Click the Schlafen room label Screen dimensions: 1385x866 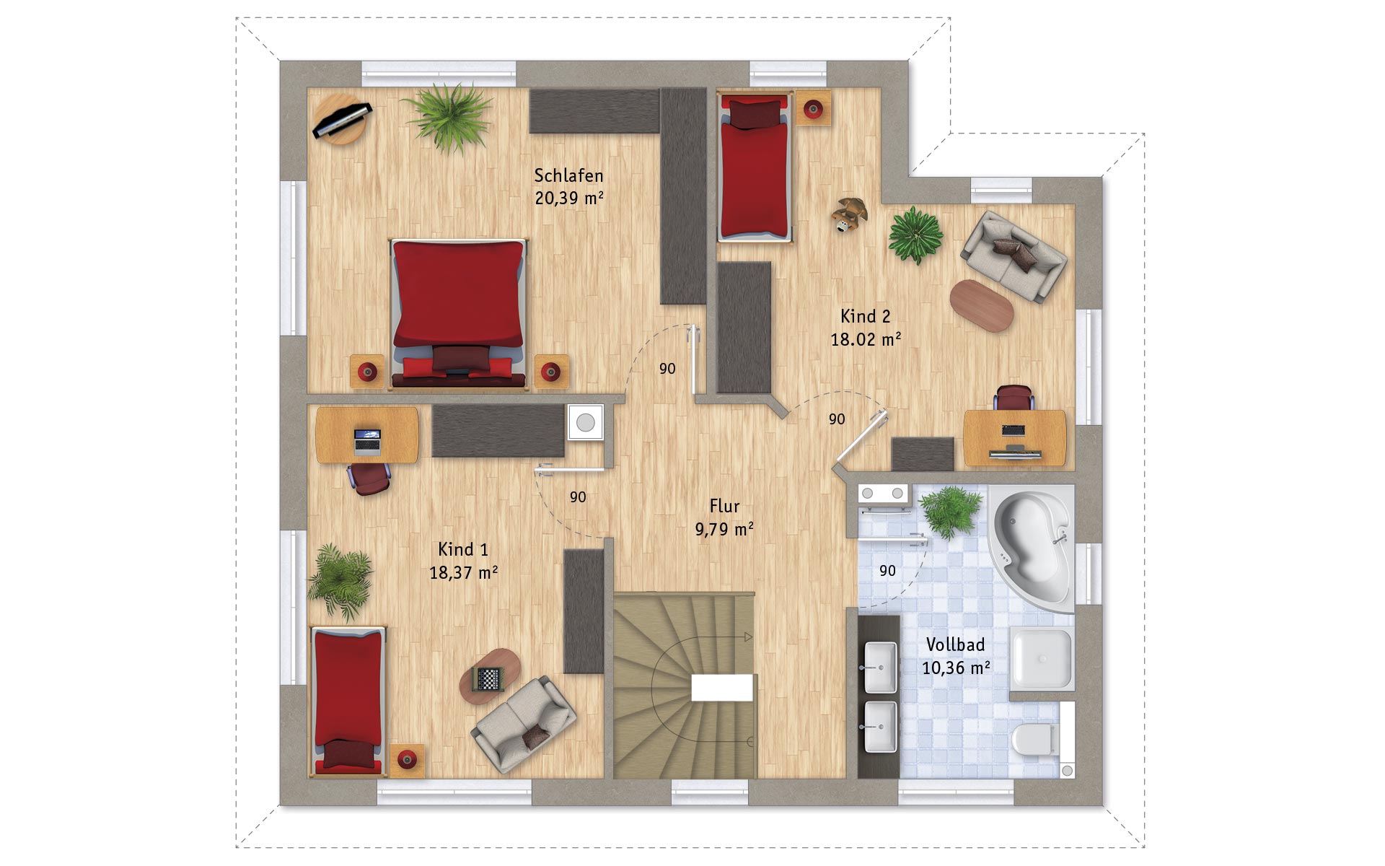[x=568, y=175]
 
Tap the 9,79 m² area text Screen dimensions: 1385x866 [x=724, y=529]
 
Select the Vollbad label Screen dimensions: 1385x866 [x=955, y=644]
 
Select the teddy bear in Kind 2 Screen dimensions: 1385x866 [x=848, y=214]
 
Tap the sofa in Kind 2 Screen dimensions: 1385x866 [x=1014, y=256]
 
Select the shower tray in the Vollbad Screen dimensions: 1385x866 [x=1041, y=658]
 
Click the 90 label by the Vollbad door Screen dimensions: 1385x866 [x=887, y=571]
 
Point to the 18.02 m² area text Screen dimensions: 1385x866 [x=866, y=339]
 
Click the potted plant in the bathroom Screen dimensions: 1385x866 [x=951, y=512]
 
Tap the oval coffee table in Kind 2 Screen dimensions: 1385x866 [x=982, y=305]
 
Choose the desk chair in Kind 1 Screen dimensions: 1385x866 [x=369, y=477]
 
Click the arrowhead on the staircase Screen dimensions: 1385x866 [x=748, y=637]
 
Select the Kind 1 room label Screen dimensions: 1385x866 [x=463, y=549]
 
